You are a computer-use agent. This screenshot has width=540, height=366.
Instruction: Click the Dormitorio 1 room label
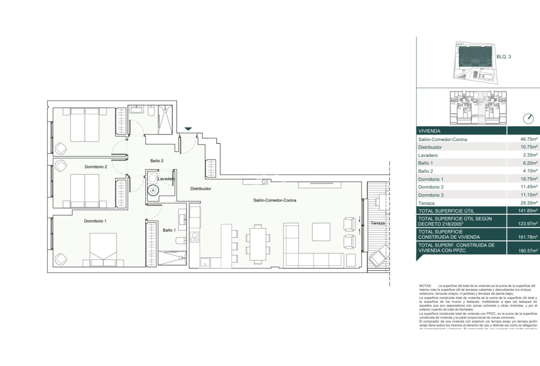95,221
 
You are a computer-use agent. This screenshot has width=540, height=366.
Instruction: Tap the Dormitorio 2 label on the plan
96,167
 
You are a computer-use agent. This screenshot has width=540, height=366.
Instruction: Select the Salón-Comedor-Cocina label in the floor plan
274,200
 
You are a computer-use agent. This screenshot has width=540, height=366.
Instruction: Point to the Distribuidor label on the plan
200,189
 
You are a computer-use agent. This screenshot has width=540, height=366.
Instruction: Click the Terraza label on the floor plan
378,224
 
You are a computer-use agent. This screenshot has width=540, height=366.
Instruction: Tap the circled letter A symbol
153,190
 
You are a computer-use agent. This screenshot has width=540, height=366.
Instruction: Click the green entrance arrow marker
188,129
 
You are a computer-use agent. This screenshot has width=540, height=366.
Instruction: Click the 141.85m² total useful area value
528,211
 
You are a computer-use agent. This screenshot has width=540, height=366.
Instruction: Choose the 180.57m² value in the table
528,251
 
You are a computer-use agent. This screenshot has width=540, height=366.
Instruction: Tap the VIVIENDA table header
429,131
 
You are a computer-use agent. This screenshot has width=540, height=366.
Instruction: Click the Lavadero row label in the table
428,155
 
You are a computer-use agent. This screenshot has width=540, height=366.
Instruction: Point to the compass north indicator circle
529,119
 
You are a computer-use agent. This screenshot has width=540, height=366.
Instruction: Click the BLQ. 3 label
504,57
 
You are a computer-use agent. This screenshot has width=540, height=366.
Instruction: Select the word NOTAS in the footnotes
425,285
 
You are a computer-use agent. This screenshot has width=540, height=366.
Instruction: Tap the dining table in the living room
258,243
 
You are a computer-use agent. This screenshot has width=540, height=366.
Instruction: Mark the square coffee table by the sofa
321,232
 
